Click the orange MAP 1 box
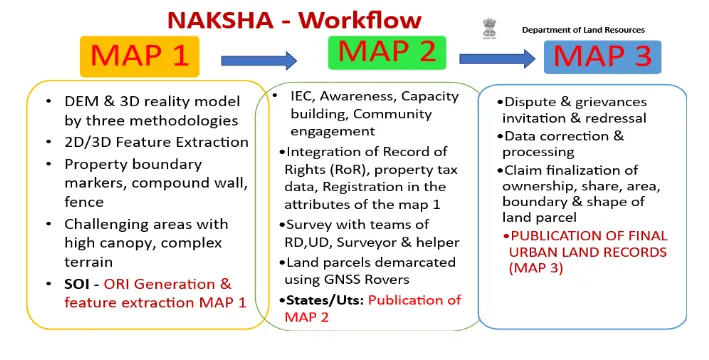140,56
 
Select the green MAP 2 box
387,53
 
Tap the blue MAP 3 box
602,57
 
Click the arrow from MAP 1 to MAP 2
259,61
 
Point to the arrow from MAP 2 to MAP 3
497,59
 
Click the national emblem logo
489,28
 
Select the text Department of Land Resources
583,30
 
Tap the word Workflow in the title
360,20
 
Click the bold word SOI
76,284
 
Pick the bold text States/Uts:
325,300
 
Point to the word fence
84,202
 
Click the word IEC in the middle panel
302,96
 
